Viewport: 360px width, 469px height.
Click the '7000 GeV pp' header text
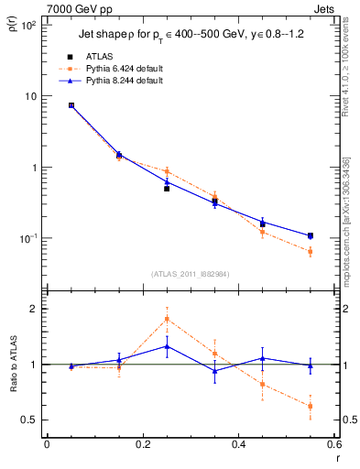(x=75, y=7)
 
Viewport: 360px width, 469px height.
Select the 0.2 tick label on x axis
(x=143, y=444)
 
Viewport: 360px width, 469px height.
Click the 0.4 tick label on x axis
(x=239, y=444)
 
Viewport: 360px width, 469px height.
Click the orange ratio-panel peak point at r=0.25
(x=167, y=319)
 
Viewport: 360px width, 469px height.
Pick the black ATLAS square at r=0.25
(x=167, y=188)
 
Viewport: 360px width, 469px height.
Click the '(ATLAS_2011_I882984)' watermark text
(x=191, y=274)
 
